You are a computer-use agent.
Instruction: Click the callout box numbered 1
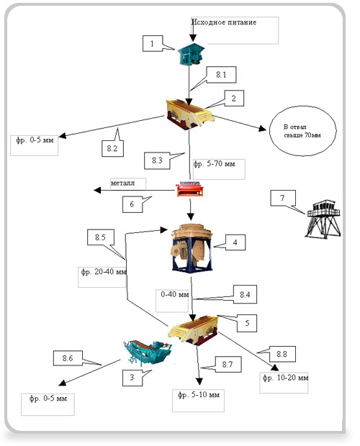tap(153, 43)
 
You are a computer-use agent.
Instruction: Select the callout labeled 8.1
tap(221, 75)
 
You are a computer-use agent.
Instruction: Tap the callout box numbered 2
tap(234, 99)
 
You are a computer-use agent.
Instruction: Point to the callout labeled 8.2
tap(113, 148)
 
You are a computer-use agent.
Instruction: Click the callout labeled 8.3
tap(157, 160)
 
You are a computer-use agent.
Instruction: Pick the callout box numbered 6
tap(132, 204)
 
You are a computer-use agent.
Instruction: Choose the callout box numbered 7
tap(283, 198)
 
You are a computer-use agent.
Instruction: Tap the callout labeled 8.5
tap(101, 237)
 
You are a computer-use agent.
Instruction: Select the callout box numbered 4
tap(235, 242)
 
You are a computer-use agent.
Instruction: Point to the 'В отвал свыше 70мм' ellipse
tap(303, 131)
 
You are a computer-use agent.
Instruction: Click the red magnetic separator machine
tap(189, 189)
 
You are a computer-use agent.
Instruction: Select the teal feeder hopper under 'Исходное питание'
tap(191, 54)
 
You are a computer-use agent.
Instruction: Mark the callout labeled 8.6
tap(68, 358)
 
